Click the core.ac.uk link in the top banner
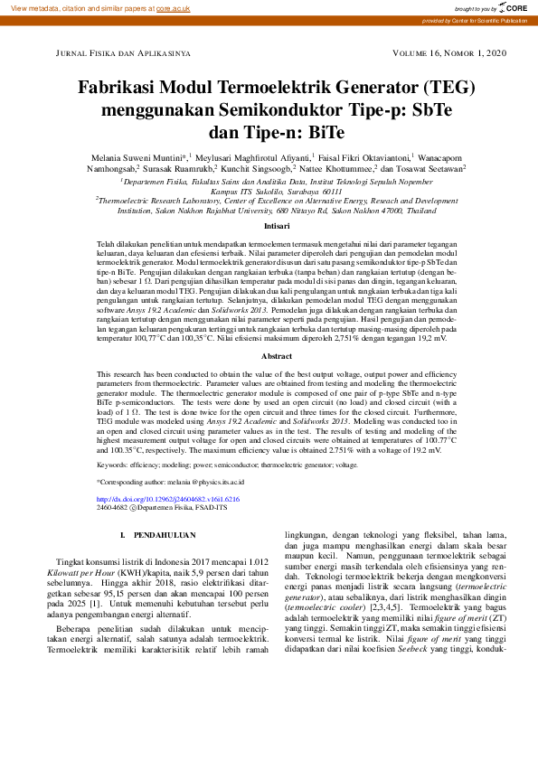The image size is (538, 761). (x=173, y=7)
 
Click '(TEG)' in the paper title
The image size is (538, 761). (x=440, y=89)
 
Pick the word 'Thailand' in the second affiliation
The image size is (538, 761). (x=409, y=210)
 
